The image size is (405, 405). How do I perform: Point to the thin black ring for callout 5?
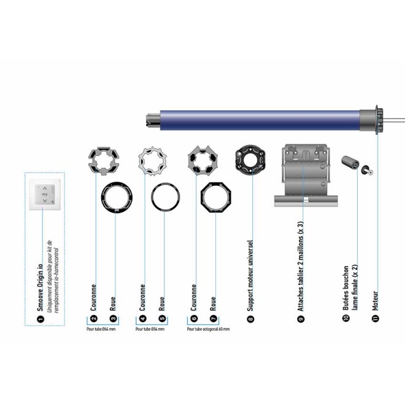coord(166,198)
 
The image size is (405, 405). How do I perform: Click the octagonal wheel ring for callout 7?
coord(216,199)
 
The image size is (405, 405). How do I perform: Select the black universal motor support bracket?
coord(250,161)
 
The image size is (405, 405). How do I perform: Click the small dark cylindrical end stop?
coord(351,163)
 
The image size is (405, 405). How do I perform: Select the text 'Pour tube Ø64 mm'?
coord(102,329)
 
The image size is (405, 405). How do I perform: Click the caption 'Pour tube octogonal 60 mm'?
coord(208,329)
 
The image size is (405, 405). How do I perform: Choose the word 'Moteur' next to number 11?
coord(376,301)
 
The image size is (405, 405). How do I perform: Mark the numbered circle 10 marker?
coord(347,318)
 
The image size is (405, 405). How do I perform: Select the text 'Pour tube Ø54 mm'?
coord(153,329)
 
